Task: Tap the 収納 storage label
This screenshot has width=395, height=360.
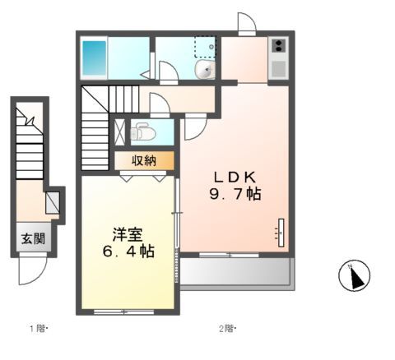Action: tap(144, 160)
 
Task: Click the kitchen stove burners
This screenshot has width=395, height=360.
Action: tap(278, 47)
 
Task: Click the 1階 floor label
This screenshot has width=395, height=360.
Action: tap(39, 330)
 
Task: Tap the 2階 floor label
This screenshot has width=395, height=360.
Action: tap(227, 330)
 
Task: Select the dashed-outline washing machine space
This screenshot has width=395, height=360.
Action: tap(205, 47)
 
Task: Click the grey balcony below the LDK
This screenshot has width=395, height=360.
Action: tap(235, 272)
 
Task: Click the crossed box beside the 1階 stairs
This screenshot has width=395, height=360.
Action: tap(53, 202)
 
